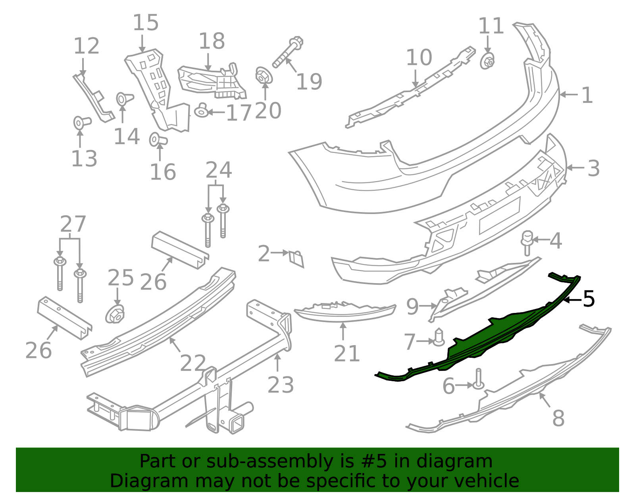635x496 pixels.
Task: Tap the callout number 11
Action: [491, 26]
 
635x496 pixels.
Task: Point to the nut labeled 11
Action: [487, 61]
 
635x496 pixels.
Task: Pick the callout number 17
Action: [239, 112]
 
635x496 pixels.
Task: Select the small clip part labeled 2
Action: [296, 258]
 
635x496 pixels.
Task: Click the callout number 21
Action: [346, 353]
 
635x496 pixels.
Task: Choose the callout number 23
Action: [281, 385]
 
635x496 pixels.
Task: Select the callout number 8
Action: [558, 418]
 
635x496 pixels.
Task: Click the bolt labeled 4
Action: [527, 242]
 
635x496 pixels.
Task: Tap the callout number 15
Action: [145, 23]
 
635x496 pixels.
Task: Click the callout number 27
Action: [73, 224]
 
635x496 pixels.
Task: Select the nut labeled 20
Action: [263, 75]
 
